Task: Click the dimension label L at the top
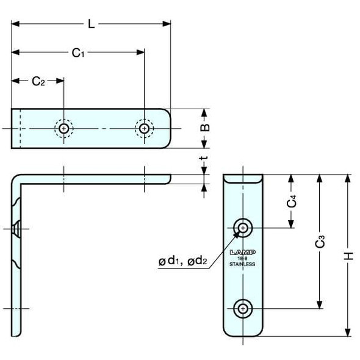[x=90, y=24]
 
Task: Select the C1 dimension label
[x=77, y=53]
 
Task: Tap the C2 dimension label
[x=38, y=81]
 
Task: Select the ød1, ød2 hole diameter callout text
[x=183, y=262]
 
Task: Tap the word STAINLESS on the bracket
[x=243, y=265]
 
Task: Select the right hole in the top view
[x=143, y=128]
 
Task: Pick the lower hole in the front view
[x=243, y=309]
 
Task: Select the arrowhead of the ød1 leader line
[x=236, y=234]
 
